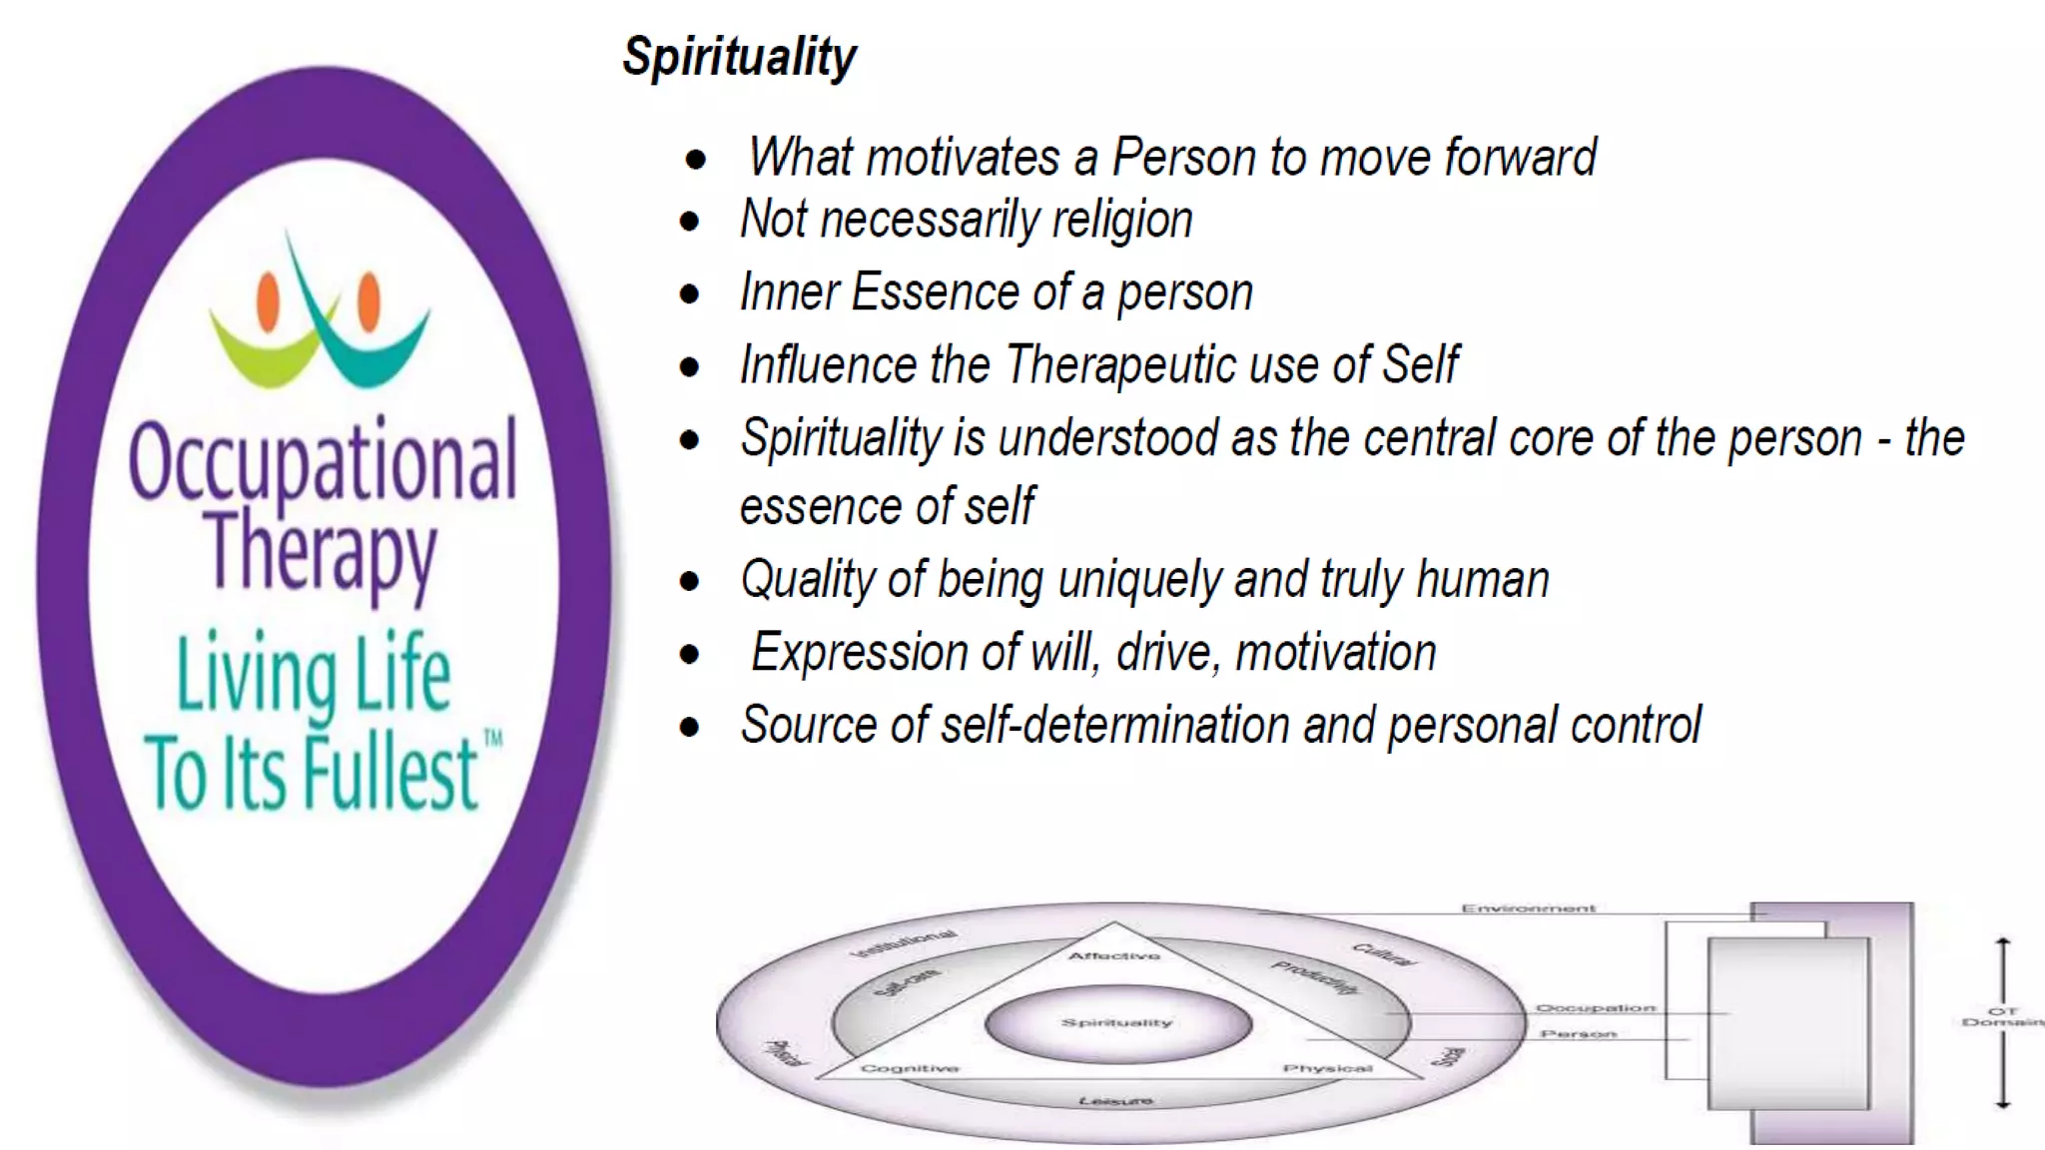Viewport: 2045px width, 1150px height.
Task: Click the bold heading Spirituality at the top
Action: pyautogui.click(x=739, y=57)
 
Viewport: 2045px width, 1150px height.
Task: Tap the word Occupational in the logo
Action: pyautogui.click(x=323, y=462)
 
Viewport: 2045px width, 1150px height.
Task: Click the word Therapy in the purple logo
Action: pyautogui.click(x=321, y=551)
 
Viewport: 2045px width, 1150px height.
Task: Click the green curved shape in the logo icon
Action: pyautogui.click(x=262, y=349)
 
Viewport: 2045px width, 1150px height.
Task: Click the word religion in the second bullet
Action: pyautogui.click(x=1122, y=221)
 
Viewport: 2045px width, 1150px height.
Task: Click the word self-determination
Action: pyautogui.click(x=1114, y=726)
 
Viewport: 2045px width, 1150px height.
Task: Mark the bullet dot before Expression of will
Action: pyautogui.click(x=690, y=655)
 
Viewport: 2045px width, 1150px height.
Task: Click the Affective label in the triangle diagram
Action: pyautogui.click(x=1114, y=956)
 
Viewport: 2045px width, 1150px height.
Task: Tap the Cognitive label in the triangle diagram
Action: pyautogui.click(x=910, y=1068)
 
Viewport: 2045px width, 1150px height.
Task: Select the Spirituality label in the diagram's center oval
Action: pyautogui.click(x=1116, y=1023)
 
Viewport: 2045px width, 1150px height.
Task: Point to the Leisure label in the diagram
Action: pyautogui.click(x=1115, y=1101)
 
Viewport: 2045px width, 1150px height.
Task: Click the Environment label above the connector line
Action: pyautogui.click(x=1528, y=908)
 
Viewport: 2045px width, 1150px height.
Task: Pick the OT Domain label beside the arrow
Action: pyautogui.click(x=2002, y=1016)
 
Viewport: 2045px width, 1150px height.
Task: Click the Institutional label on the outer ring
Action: pyautogui.click(x=903, y=943)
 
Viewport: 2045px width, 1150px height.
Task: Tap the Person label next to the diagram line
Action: pyautogui.click(x=1578, y=1034)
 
